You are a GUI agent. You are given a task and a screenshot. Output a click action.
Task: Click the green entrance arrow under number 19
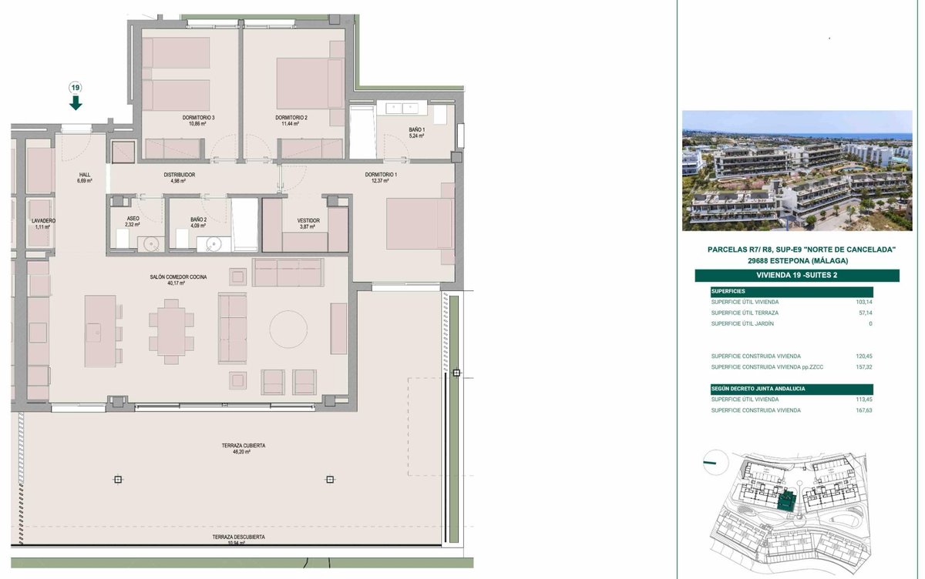pos(76,102)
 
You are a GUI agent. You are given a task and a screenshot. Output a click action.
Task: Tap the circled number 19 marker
pos(76,88)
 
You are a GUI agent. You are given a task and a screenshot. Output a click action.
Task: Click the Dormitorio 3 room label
pos(199,120)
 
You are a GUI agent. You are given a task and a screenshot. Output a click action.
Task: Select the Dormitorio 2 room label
pos(291,120)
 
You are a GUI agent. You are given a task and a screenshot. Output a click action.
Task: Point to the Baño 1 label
pos(417,132)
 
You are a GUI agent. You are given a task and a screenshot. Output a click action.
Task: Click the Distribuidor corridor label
pos(179,178)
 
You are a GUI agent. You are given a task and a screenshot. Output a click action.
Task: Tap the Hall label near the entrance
pos(85,178)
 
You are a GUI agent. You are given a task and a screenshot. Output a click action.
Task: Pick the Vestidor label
pos(308,223)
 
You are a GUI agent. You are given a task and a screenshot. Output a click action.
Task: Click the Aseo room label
pos(133,222)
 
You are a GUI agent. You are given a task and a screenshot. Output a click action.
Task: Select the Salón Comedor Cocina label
pos(178,280)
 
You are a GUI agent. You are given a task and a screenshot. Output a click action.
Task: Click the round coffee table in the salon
pos(288,329)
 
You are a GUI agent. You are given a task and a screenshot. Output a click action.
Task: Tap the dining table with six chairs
pos(171,332)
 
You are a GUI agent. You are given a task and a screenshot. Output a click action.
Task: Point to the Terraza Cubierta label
pos(244,449)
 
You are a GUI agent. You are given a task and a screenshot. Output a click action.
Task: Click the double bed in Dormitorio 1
pos(420,224)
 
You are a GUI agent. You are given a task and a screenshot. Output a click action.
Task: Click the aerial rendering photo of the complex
pos(797,170)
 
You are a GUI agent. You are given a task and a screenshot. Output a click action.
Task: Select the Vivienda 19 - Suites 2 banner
pos(797,276)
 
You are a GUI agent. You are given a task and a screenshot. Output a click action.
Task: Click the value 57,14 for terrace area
pos(866,313)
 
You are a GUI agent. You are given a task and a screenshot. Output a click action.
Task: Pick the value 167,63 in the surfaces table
pos(864,410)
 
